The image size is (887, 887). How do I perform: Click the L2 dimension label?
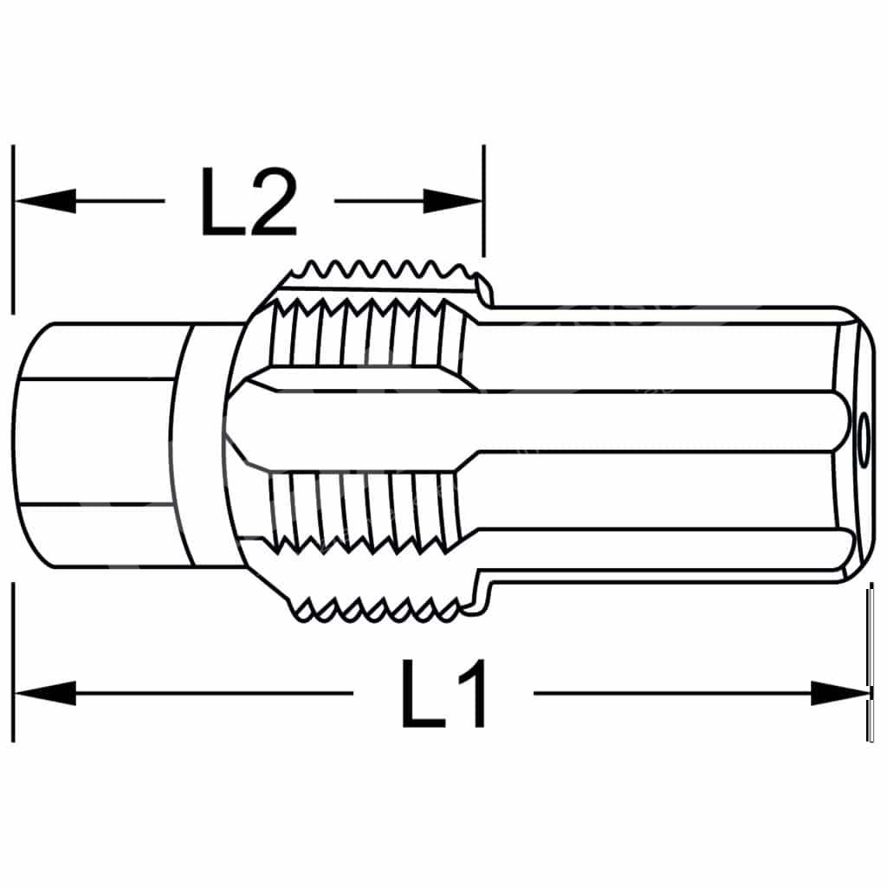(249, 201)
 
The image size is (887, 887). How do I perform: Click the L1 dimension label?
(443, 693)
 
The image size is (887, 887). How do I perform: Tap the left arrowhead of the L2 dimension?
(45, 201)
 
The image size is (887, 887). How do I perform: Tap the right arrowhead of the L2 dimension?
(453, 201)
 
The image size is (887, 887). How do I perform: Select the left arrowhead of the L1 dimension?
(45, 693)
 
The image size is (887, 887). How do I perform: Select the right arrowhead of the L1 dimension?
(841, 693)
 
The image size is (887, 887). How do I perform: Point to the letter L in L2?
(221, 202)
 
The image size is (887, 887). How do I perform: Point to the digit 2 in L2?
(274, 201)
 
